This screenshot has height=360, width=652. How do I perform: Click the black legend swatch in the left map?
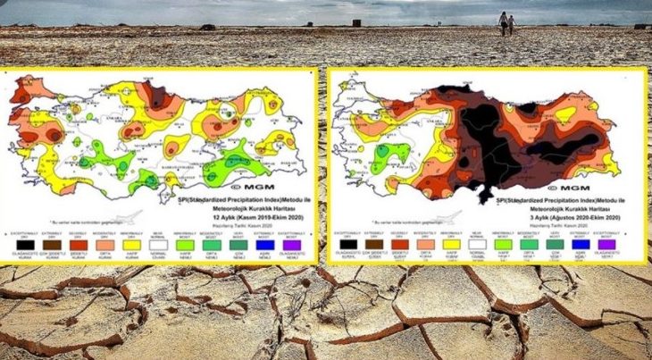(x=24, y=244)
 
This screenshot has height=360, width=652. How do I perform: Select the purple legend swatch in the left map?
(x=290, y=244)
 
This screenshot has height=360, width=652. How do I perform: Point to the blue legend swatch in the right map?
(x=581, y=242)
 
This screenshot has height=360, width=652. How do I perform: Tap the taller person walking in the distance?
(x=502, y=23)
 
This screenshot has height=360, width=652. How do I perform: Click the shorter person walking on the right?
(x=511, y=25)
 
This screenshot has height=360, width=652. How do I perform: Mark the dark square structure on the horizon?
(x=356, y=21)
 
